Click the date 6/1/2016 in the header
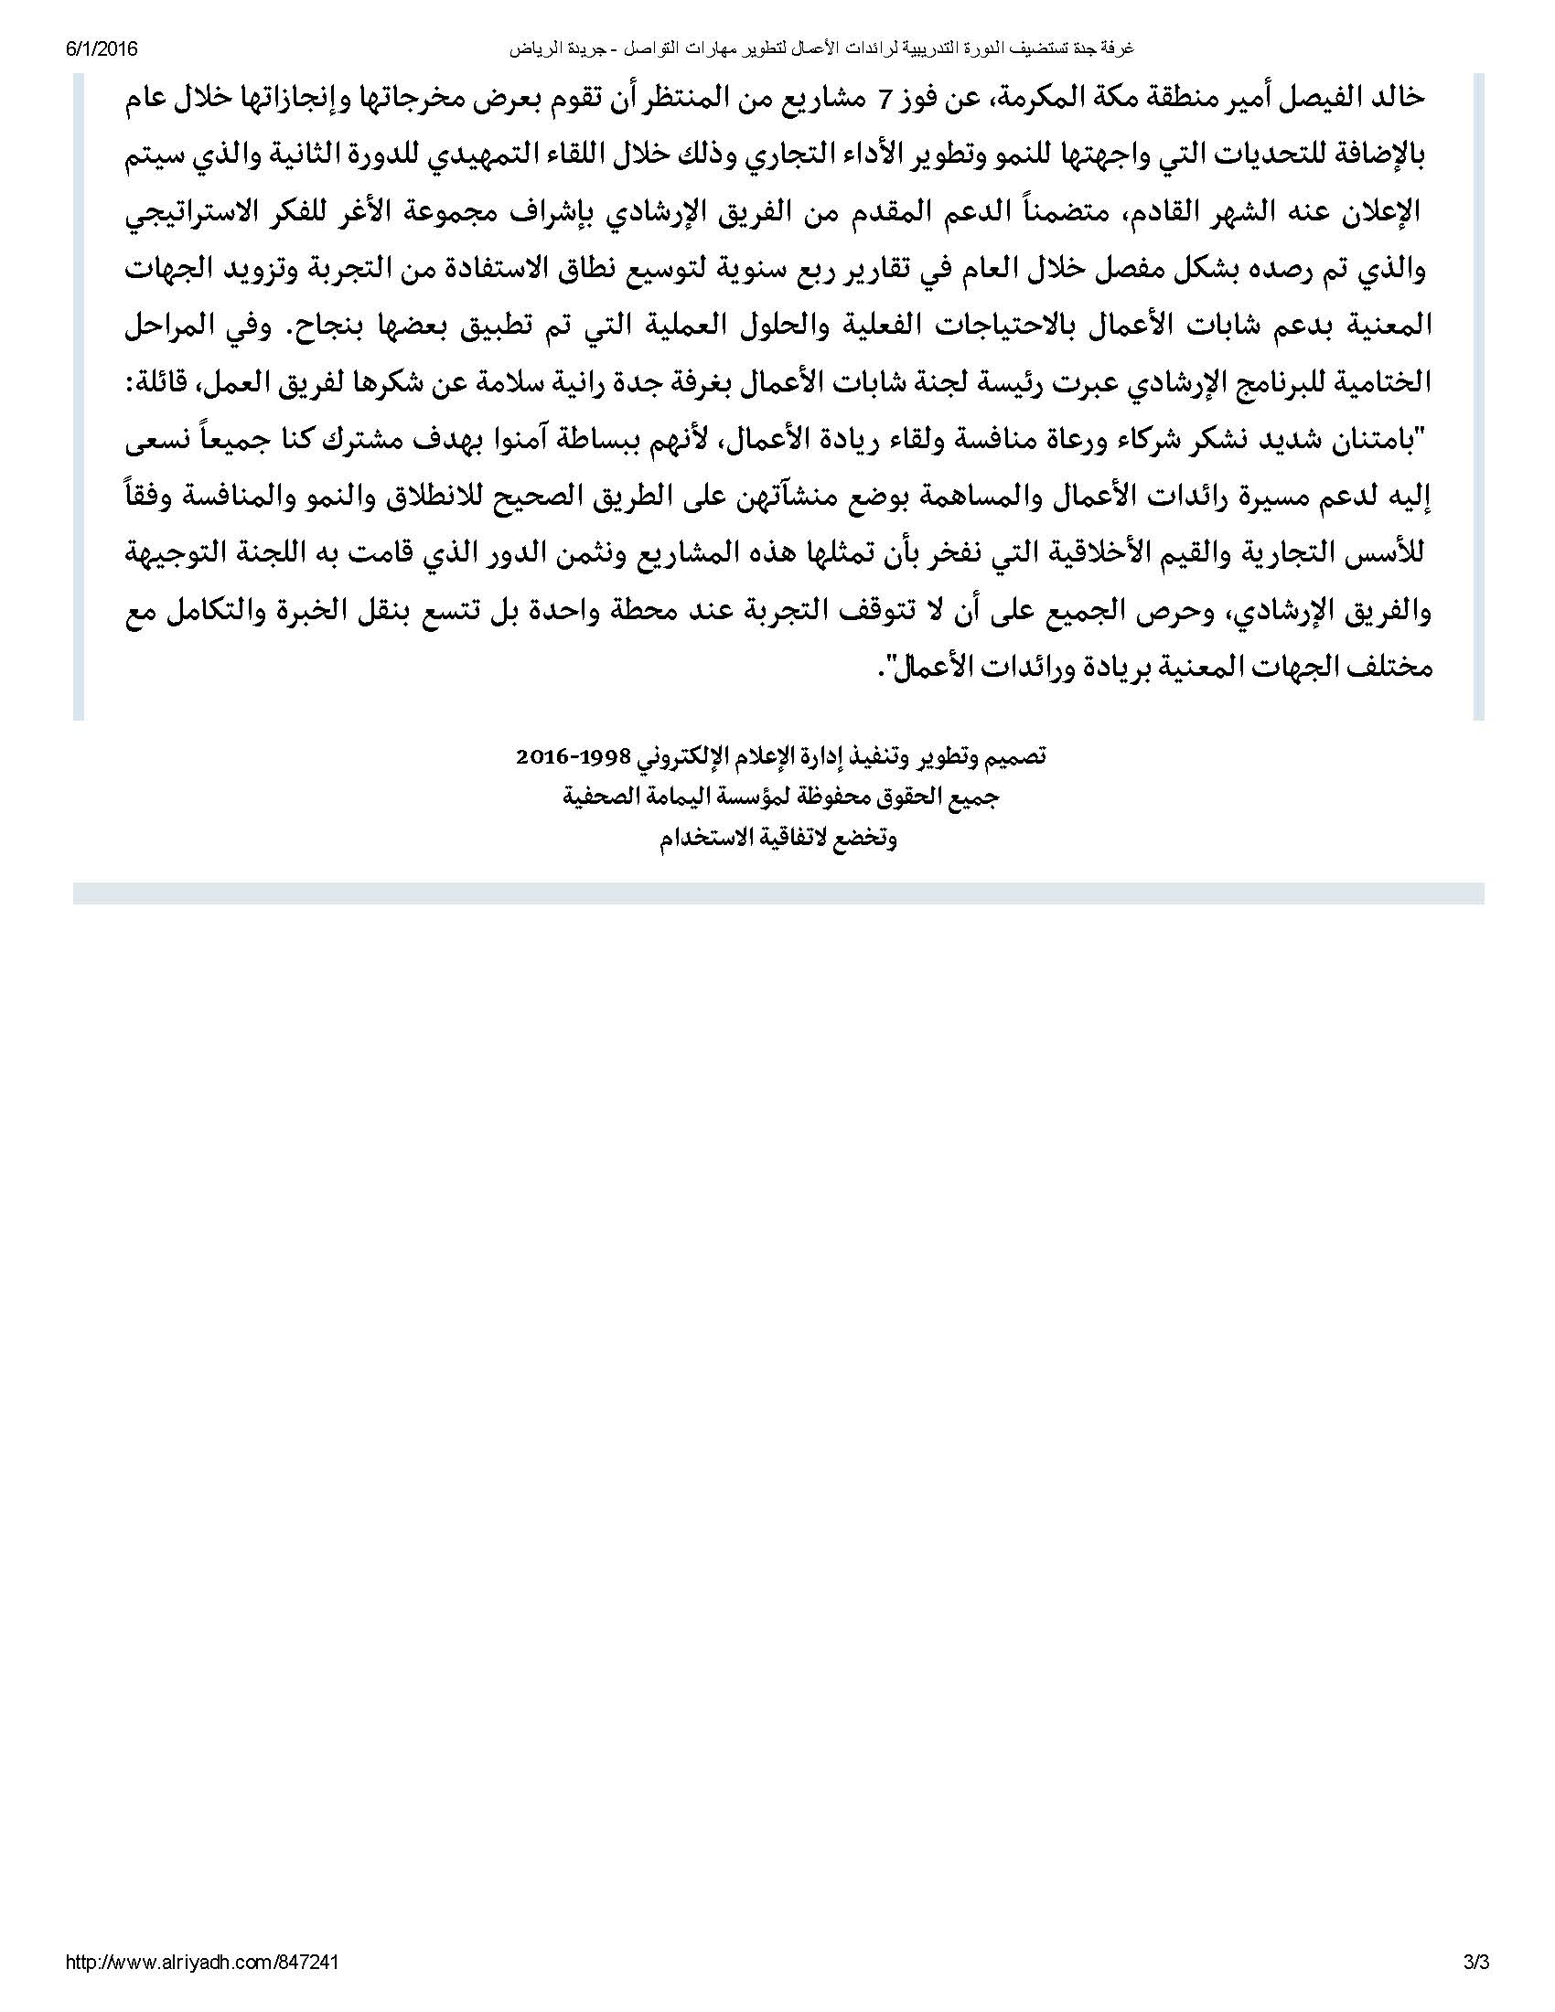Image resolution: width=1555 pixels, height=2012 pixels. pos(102,48)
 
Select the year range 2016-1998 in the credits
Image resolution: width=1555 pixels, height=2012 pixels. pos(571,757)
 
